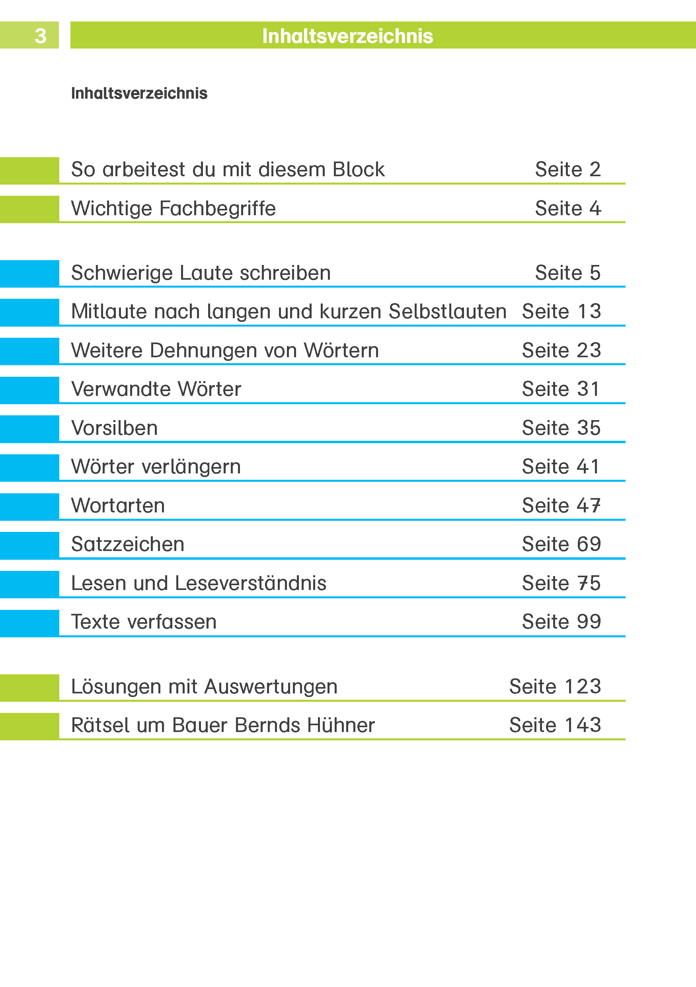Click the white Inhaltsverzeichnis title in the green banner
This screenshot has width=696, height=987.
pyautogui.click(x=347, y=36)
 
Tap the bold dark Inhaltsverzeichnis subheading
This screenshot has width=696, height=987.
pyautogui.click(x=139, y=93)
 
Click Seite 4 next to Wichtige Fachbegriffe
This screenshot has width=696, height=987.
pyautogui.click(x=567, y=208)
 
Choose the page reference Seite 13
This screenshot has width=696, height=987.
pyautogui.click(x=561, y=311)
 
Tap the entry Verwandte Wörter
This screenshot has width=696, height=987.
pyautogui.click(x=156, y=389)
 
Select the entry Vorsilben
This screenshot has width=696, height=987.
pyautogui.click(x=114, y=428)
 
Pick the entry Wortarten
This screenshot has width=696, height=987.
pyautogui.click(x=118, y=506)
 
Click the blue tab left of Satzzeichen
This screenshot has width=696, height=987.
pyautogui.click(x=29, y=545)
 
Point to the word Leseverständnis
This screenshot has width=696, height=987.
pyautogui.click(x=251, y=583)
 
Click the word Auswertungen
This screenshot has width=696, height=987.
pyautogui.click(x=271, y=687)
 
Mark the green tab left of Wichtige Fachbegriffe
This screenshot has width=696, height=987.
pyautogui.click(x=29, y=209)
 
